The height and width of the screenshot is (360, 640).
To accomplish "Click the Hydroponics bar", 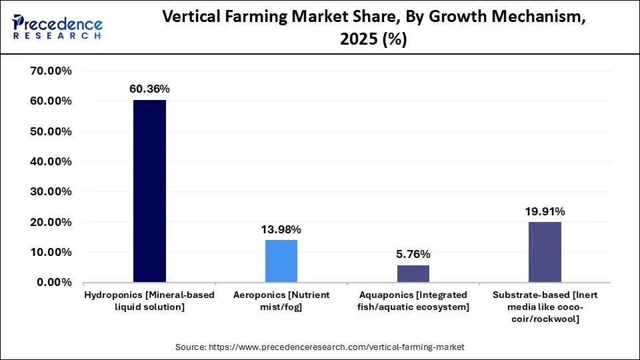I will click(149, 191).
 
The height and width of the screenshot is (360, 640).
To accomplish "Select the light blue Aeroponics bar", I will click(281, 261).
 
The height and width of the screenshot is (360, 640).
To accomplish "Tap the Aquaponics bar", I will click(413, 273).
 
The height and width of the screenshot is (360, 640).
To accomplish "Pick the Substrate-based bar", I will click(545, 252).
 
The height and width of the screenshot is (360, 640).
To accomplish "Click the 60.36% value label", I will click(149, 89).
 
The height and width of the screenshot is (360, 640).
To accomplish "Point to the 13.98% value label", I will click(281, 229).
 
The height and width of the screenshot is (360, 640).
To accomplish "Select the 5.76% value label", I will click(413, 254).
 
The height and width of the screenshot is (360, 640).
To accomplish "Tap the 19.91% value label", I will click(545, 211).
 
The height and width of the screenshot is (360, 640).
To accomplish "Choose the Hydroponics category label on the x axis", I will click(149, 301).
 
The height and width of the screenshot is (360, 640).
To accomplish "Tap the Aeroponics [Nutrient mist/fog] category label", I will click(281, 301).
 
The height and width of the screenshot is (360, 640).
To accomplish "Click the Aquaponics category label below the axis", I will click(413, 301).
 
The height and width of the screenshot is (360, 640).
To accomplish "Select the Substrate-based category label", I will click(545, 307).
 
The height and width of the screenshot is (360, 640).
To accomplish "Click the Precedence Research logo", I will click(57, 27).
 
